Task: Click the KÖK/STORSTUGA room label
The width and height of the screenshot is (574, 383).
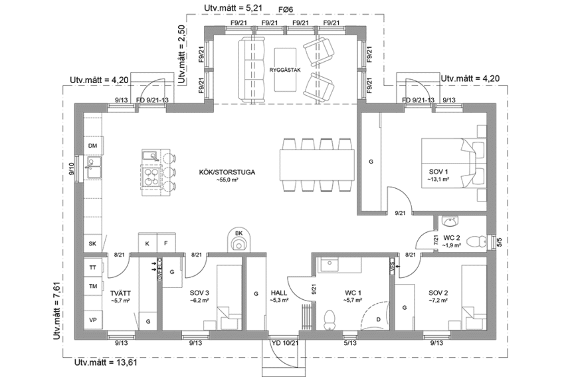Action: click(x=227, y=172)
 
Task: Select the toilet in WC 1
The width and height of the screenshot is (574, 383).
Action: click(x=328, y=319)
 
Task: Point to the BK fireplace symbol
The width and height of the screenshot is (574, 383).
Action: click(x=239, y=240)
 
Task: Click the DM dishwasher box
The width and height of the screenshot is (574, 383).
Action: click(x=93, y=146)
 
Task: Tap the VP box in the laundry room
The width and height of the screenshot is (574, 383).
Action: click(x=93, y=320)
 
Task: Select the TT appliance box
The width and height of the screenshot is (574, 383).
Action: click(x=93, y=267)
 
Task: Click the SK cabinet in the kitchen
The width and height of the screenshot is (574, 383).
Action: click(x=93, y=244)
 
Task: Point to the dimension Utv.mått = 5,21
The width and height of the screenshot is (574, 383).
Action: click(x=228, y=8)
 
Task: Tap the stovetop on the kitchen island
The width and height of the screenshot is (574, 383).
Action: click(x=152, y=176)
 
